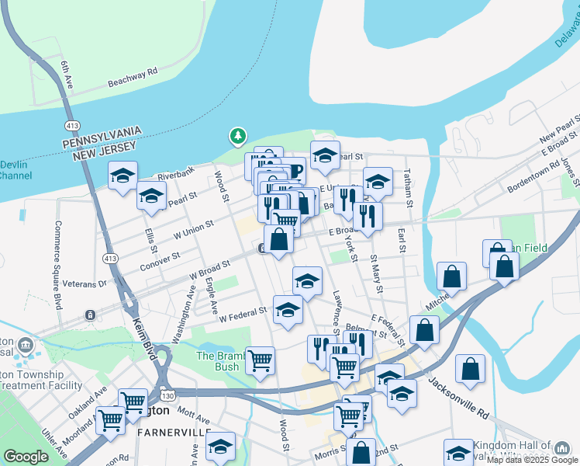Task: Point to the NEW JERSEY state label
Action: [x=104, y=145]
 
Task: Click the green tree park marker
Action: [x=237, y=137]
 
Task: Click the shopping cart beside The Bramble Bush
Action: [x=260, y=360]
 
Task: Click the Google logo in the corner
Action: [x=26, y=457]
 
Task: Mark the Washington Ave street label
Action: [x=185, y=314]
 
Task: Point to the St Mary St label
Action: [x=376, y=273]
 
